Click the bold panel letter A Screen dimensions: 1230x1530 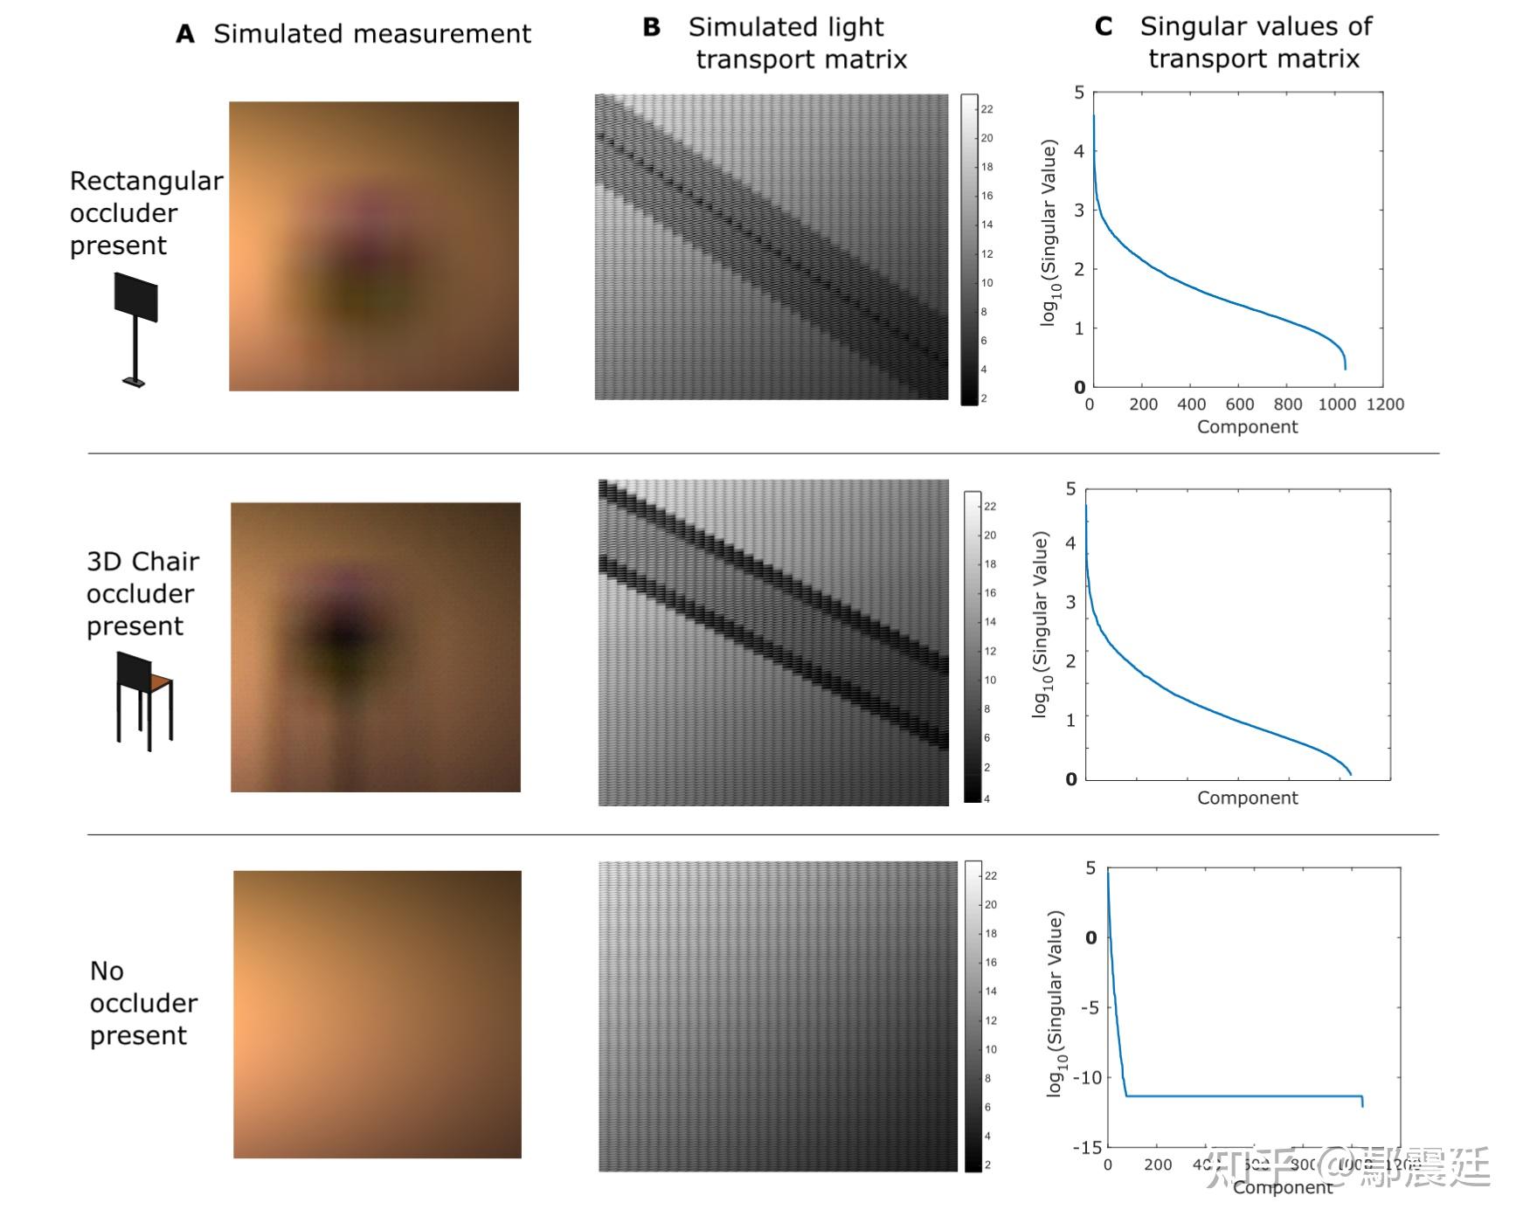click(x=184, y=34)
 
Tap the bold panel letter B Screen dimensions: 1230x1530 click(x=651, y=27)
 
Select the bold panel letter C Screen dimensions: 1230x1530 click(x=1104, y=27)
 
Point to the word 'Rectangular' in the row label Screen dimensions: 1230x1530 click(x=146, y=181)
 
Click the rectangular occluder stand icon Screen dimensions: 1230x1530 click(x=135, y=328)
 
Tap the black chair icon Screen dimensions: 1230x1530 click(x=143, y=700)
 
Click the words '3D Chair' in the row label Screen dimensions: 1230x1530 click(x=142, y=562)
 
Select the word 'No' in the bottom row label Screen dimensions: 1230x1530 click(x=107, y=971)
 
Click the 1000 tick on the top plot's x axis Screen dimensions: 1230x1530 click(x=1336, y=404)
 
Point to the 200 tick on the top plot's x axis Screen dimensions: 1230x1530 click(x=1143, y=404)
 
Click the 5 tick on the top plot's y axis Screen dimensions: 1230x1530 click(x=1079, y=93)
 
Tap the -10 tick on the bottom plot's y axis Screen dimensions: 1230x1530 click(x=1087, y=1078)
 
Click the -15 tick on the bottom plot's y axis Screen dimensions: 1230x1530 click(x=1087, y=1147)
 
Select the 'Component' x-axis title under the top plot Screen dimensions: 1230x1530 click(x=1247, y=427)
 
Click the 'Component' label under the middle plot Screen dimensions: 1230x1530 click(x=1247, y=798)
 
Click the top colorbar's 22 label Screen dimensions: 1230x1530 click(x=987, y=109)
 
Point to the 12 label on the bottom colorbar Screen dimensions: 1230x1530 click(x=990, y=1020)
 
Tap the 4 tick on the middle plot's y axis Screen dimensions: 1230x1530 click(x=1070, y=542)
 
